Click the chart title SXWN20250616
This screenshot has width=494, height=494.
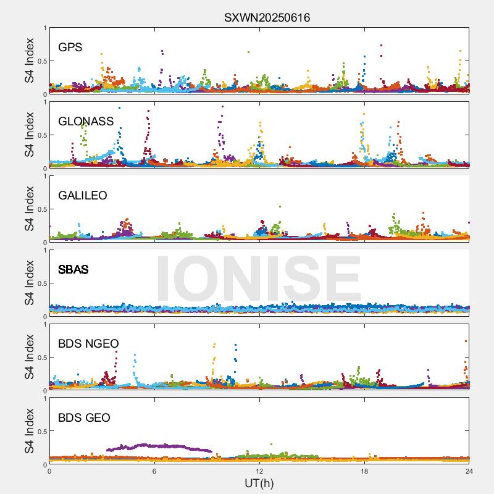(267, 17)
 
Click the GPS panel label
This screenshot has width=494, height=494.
(70, 47)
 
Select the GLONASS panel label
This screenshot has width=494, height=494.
(86, 121)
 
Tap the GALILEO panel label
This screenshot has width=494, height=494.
(83, 195)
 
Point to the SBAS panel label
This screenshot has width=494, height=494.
(73, 269)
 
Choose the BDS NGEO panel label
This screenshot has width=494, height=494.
(88, 343)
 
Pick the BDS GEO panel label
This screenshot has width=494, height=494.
(84, 417)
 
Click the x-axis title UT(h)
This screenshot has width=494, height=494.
(259, 482)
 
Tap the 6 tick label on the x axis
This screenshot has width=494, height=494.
(154, 471)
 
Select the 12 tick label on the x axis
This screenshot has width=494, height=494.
(259, 471)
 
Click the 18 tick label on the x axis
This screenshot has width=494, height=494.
(364, 471)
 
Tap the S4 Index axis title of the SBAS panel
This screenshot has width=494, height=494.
(30, 283)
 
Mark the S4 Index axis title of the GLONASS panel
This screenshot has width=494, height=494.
(30, 135)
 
